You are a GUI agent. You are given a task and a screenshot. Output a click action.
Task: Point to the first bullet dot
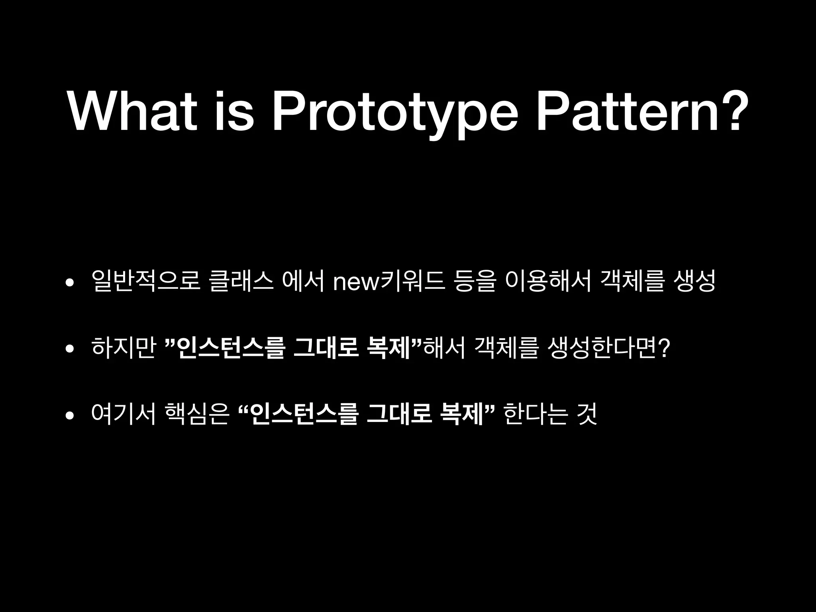point(70,283)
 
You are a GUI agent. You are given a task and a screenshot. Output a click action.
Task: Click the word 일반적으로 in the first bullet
point(145,281)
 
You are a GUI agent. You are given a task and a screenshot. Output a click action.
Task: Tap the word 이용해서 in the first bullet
point(548,281)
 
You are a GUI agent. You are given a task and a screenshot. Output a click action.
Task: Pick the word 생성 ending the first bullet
point(694,281)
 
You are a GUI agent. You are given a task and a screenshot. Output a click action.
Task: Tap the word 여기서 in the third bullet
point(123,414)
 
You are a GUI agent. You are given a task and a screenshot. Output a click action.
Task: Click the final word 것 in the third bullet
point(587,414)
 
